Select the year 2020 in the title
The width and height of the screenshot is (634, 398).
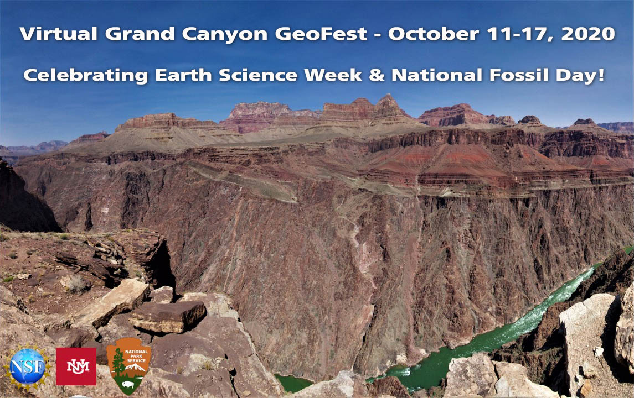click(x=587, y=34)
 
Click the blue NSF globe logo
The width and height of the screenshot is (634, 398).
click(x=27, y=366)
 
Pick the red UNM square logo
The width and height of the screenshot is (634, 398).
click(x=76, y=366)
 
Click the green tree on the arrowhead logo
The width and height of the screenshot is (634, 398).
click(x=118, y=363)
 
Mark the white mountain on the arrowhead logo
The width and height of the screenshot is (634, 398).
click(x=136, y=366)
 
